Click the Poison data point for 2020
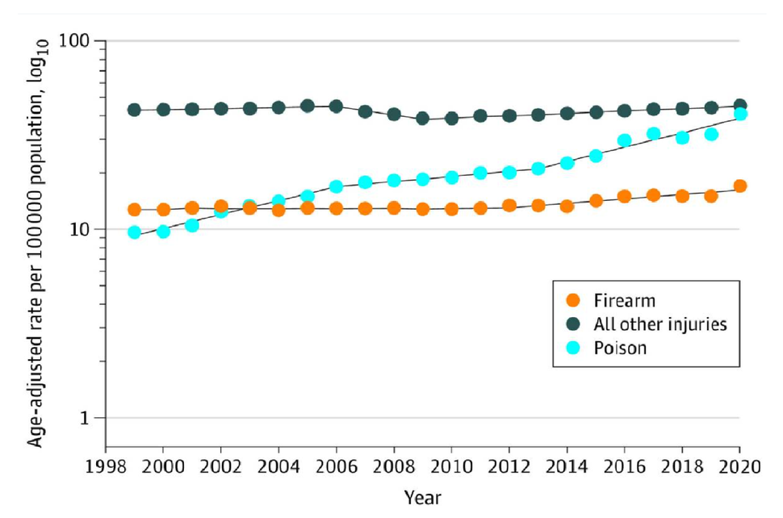pyautogui.click(x=739, y=114)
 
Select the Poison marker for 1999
pyautogui.click(x=134, y=232)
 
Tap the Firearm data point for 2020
pyautogui.click(x=739, y=186)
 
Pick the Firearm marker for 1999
pyautogui.click(x=134, y=210)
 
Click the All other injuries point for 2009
pyautogui.click(x=422, y=119)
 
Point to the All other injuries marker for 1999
pyautogui.click(x=134, y=110)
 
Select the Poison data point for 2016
pyautogui.click(x=624, y=140)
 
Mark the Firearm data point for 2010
pyautogui.click(x=451, y=209)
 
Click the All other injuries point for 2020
pyautogui.click(x=739, y=106)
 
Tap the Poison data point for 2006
pyautogui.click(x=336, y=187)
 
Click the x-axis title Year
pyautogui.click(x=422, y=497)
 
